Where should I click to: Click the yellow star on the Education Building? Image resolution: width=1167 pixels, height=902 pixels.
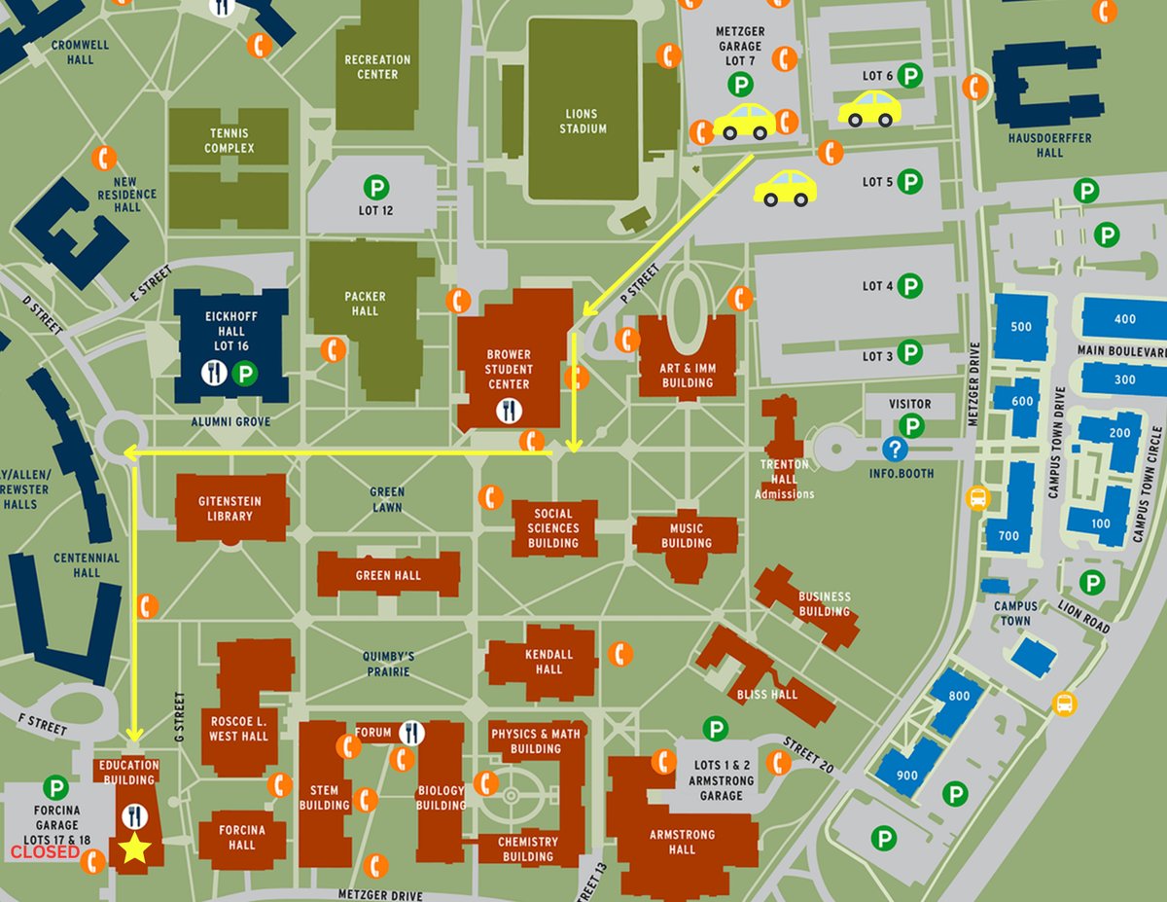pyautogui.click(x=134, y=849)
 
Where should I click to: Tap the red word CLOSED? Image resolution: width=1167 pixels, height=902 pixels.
pyautogui.click(x=45, y=852)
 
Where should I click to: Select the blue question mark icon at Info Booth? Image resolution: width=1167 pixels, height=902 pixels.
pyautogui.click(x=894, y=450)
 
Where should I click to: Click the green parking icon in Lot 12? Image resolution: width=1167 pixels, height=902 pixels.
pyautogui.click(x=375, y=187)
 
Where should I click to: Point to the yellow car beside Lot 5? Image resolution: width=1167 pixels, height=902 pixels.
pyautogui.click(x=785, y=188)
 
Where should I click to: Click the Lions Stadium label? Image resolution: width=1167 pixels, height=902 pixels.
pyautogui.click(x=583, y=121)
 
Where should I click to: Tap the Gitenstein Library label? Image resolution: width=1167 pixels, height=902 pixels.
pyautogui.click(x=231, y=509)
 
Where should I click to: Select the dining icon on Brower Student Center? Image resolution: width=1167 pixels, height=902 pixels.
pyautogui.click(x=509, y=411)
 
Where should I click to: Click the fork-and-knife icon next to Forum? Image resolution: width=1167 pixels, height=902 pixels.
pyautogui.click(x=412, y=732)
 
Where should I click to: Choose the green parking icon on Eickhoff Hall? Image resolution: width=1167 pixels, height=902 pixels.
pyautogui.click(x=245, y=373)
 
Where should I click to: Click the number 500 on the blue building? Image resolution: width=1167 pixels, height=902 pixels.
pyautogui.click(x=1021, y=327)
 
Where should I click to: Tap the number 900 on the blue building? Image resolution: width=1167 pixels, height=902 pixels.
pyautogui.click(x=907, y=776)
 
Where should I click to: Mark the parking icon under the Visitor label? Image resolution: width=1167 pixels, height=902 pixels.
pyautogui.click(x=910, y=425)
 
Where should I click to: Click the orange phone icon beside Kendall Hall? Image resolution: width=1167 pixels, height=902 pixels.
pyautogui.click(x=619, y=654)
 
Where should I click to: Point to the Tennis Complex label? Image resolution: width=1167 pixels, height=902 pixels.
pyautogui.click(x=229, y=141)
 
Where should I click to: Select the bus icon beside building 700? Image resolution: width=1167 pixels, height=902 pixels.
pyautogui.click(x=977, y=498)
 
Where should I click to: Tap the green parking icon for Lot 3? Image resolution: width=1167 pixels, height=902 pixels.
pyautogui.click(x=909, y=352)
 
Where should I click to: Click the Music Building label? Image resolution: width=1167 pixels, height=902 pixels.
pyautogui.click(x=686, y=535)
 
